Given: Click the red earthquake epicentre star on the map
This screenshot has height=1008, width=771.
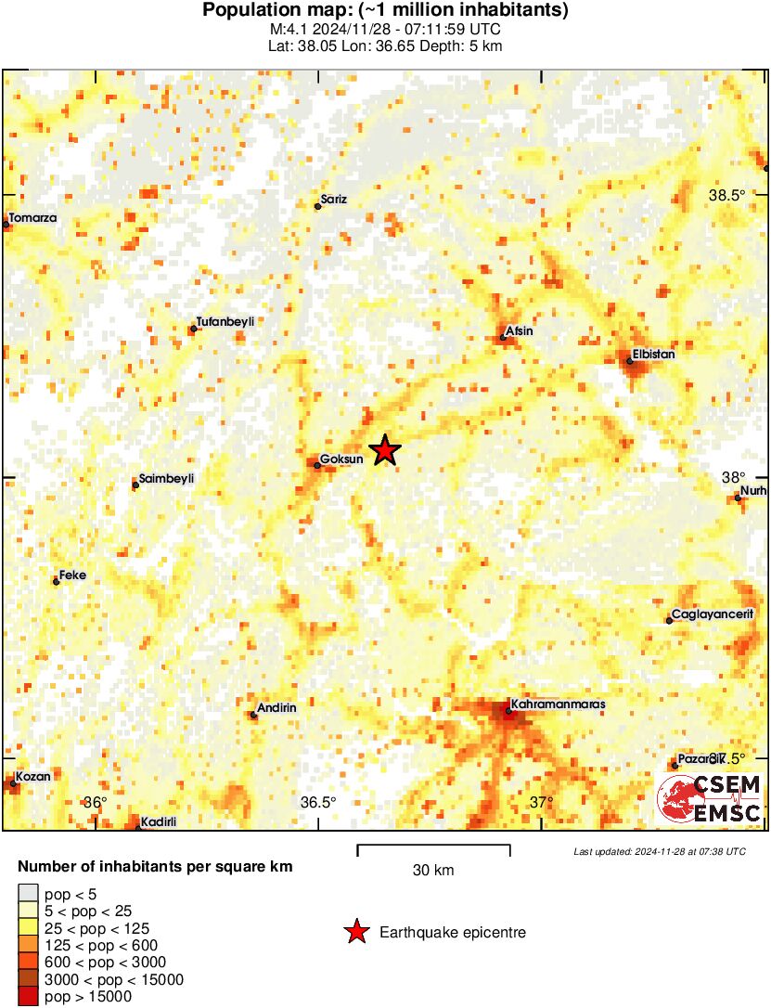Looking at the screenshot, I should tap(385, 450).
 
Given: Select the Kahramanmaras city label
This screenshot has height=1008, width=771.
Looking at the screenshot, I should tap(558, 704).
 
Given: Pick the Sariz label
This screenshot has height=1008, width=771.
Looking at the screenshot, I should tap(333, 200).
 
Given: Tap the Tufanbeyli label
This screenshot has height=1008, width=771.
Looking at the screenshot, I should tap(225, 321).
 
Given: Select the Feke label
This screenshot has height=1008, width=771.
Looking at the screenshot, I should tap(72, 575).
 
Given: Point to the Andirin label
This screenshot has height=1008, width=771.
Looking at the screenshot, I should tap(276, 708).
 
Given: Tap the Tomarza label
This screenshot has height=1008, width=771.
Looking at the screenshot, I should tap(32, 218).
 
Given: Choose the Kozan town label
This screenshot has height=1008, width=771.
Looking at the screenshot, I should tap(33, 775).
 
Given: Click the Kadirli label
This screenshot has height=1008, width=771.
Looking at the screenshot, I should tap(158, 821).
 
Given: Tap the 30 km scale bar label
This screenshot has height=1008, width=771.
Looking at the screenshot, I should tap(433, 871).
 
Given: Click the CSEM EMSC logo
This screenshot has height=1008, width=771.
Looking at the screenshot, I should tap(710, 797).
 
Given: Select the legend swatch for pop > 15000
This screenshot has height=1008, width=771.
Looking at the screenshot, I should tap(28, 997).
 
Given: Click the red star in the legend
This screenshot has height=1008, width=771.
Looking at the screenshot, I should tap(356, 933).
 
